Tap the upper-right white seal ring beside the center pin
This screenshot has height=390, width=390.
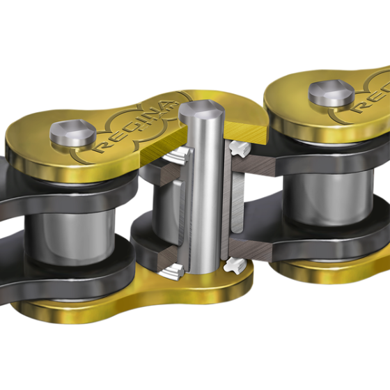pos(240,148)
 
